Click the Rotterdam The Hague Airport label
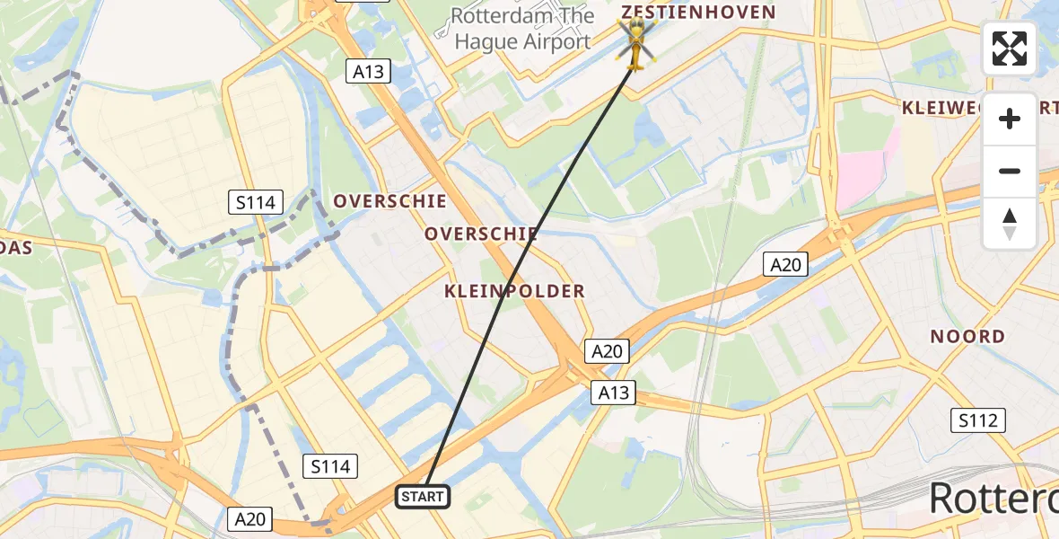click(x=522, y=29)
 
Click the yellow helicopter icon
click(x=635, y=44)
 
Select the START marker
click(x=422, y=496)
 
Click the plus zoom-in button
click(x=1010, y=119)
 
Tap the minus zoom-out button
click(x=1010, y=171)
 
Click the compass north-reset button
click(x=1010, y=224)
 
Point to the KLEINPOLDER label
click(x=514, y=291)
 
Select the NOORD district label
click(x=967, y=336)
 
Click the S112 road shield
click(x=978, y=420)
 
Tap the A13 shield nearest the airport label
click(x=369, y=71)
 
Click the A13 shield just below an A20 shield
click(x=614, y=393)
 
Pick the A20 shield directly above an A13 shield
click(x=606, y=351)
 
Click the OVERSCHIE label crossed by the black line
click(x=481, y=234)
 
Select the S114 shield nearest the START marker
click(x=331, y=466)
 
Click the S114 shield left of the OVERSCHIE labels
click(x=256, y=202)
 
